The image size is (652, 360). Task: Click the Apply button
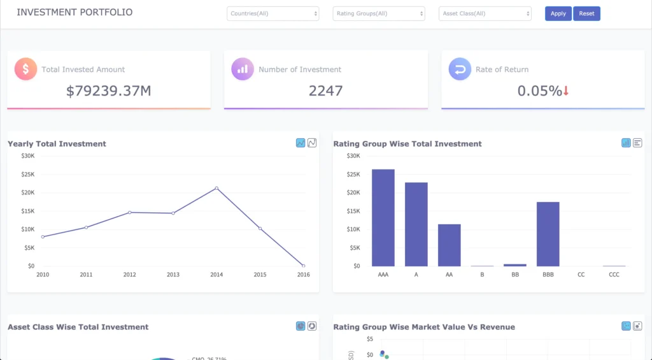click(558, 13)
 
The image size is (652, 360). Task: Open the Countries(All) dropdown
click(273, 13)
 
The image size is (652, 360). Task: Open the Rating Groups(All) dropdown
click(379, 13)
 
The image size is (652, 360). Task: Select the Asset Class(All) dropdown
click(485, 13)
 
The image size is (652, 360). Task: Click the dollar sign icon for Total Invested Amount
click(25, 69)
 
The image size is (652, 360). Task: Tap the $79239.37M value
click(109, 90)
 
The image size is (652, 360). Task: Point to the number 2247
click(325, 90)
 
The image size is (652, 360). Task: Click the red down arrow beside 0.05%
click(566, 91)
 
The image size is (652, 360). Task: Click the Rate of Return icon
click(460, 69)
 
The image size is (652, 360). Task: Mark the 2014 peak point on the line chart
click(216, 188)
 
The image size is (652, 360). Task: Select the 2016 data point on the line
click(303, 266)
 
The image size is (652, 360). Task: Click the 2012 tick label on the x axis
click(130, 275)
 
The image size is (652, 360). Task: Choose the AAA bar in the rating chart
click(383, 217)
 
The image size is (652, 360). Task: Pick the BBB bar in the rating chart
click(548, 234)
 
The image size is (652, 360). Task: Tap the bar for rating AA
click(449, 245)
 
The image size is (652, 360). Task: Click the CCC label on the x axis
click(614, 275)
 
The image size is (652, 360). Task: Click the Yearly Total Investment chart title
click(57, 144)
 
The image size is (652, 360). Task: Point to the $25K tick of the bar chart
click(353, 174)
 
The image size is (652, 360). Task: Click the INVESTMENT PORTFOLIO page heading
click(74, 12)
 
